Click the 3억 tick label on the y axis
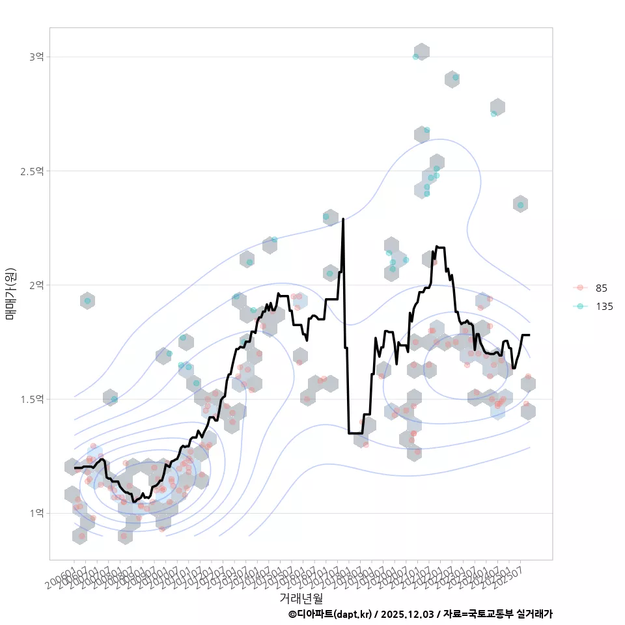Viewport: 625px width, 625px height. tap(36, 57)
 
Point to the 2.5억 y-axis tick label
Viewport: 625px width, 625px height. tap(33, 171)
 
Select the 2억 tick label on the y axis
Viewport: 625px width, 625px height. tap(36, 285)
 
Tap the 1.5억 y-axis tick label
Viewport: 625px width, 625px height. tap(33, 399)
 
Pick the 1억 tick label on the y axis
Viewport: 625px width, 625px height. tap(36, 513)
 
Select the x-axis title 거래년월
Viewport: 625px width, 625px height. tap(301, 598)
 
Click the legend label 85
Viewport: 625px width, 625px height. tap(601, 288)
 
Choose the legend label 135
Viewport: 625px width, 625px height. tap(604, 307)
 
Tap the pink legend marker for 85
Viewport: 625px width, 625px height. tap(579, 288)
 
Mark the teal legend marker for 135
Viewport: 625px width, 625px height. tap(579, 307)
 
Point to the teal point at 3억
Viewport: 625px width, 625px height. tap(415, 57)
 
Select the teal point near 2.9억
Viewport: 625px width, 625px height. tap(455, 77)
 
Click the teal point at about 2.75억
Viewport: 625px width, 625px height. tap(493, 113)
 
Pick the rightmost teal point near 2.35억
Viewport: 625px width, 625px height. tap(520, 205)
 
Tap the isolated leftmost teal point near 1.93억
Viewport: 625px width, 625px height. tap(87, 301)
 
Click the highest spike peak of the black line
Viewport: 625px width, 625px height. tap(343, 219)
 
